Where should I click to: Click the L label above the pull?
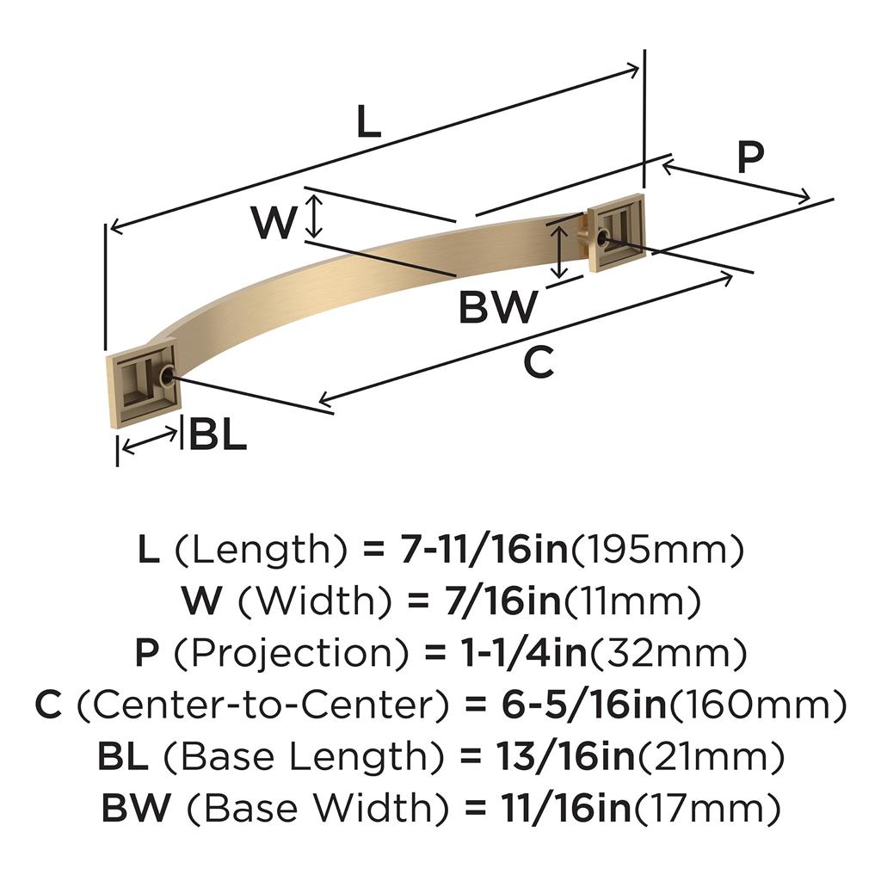368,123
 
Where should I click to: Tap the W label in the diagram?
274,223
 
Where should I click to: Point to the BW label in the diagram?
498,307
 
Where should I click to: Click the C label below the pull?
539,364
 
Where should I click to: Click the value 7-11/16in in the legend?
485,550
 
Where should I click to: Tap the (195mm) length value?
657,550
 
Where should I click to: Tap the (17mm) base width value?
708,809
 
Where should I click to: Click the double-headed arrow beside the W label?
315,216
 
